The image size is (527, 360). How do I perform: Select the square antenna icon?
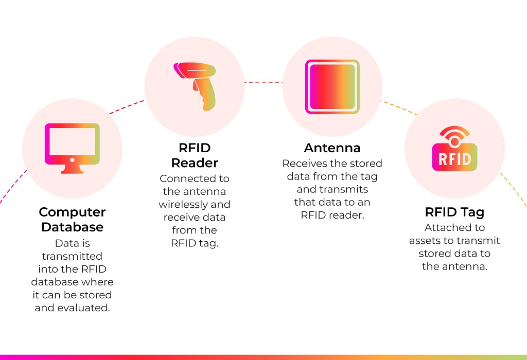(x=332, y=86)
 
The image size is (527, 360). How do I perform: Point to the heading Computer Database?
(x=72, y=219)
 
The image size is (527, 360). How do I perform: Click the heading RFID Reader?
(x=195, y=155)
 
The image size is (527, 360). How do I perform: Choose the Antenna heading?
(x=332, y=148)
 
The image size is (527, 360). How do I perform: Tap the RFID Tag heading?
(x=455, y=212)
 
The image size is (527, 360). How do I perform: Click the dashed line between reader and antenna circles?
(x=263, y=82)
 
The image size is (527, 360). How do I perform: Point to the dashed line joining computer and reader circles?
(x=127, y=107)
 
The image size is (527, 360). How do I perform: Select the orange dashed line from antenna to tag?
(x=399, y=107)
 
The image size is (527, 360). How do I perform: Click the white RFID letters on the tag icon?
(x=455, y=159)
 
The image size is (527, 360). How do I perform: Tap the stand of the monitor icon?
(x=72, y=169)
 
